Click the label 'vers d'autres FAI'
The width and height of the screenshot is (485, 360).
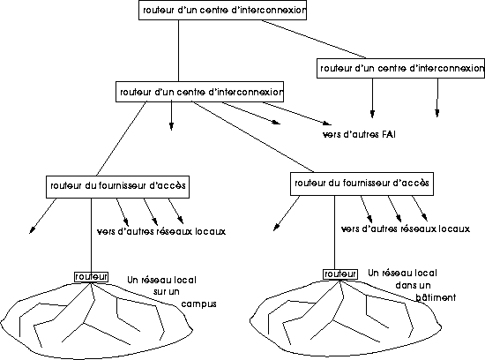[359, 135]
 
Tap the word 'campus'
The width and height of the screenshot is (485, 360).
[198, 304]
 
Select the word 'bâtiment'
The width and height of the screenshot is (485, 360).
[436, 297]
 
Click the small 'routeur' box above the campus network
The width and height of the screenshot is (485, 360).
[91, 277]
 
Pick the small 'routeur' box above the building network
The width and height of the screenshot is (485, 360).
[340, 274]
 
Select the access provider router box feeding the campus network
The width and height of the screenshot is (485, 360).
[117, 187]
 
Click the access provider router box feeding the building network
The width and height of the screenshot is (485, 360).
[362, 184]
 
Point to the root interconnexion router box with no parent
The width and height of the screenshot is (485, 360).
[222, 11]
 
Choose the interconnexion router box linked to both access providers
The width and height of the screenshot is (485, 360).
[199, 92]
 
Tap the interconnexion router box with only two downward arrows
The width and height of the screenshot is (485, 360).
[400, 68]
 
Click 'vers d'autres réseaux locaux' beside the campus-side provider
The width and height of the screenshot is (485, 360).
[161, 231]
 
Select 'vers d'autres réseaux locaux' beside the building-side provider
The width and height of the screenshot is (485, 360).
[406, 229]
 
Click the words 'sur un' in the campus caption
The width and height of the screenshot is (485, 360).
[167, 292]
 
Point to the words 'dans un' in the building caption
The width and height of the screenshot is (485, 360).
[413, 285]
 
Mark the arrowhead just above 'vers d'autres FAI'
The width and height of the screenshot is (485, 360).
[327, 124]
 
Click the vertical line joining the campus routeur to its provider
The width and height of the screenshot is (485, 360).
[91, 236]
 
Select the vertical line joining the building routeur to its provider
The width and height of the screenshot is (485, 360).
[334, 232]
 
